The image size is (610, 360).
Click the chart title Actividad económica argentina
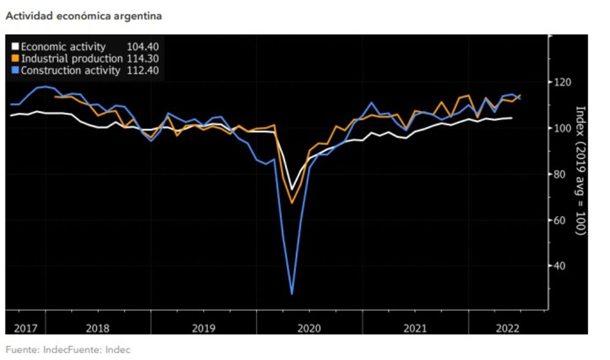(x=84, y=16)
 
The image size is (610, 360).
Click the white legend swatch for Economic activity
(x=15, y=47)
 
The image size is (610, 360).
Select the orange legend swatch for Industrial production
(x=15, y=59)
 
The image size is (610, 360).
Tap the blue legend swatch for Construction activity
(x=15, y=71)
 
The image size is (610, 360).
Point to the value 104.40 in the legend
(x=143, y=47)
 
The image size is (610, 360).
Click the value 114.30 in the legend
(x=143, y=59)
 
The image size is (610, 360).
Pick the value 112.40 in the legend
(x=143, y=71)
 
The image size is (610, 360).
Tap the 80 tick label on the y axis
(x=561, y=174)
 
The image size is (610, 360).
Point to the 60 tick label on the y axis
(x=561, y=220)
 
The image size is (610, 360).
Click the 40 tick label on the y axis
(x=561, y=265)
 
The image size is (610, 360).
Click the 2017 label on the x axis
(x=25, y=328)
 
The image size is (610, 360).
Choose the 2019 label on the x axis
(x=203, y=328)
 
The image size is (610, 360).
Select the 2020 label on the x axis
(x=309, y=328)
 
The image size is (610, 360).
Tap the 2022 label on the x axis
(x=508, y=328)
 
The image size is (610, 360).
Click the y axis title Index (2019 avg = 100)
(x=580, y=171)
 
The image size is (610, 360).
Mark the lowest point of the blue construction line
(x=292, y=294)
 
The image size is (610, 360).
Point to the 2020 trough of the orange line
(x=292, y=203)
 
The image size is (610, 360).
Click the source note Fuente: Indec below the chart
(x=68, y=350)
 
